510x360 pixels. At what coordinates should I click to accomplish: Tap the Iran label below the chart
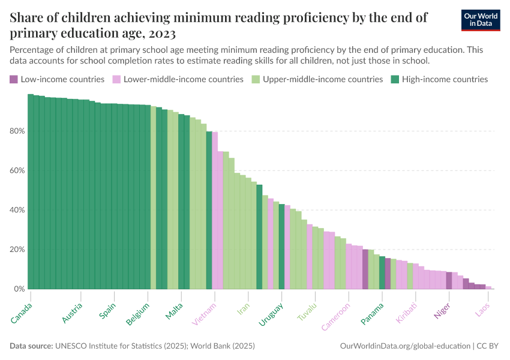pos(243,307)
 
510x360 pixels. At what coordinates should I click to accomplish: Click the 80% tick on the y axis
pos(17,131)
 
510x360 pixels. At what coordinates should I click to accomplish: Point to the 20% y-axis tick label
pos(17,250)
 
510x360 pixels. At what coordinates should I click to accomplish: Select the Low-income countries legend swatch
pos(14,79)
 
